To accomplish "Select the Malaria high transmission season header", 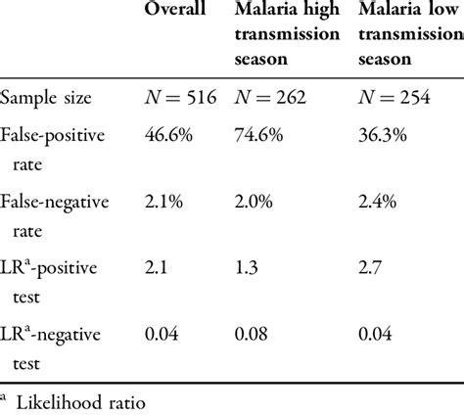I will [x=287, y=35].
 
